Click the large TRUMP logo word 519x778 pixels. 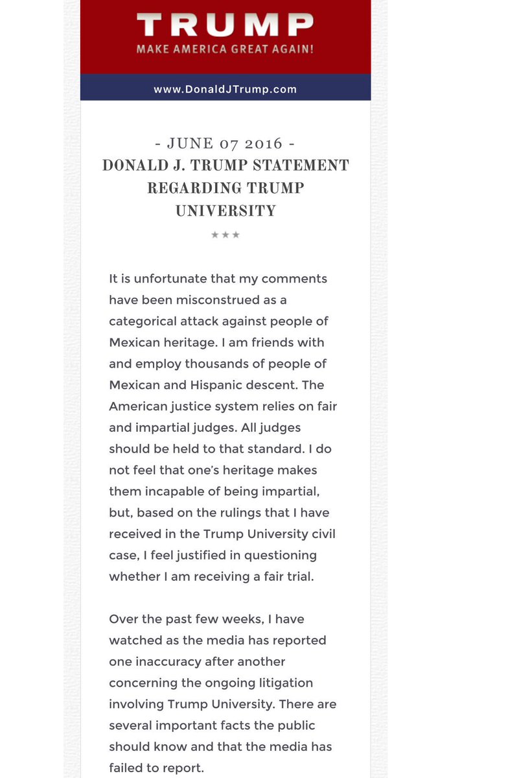tap(225, 25)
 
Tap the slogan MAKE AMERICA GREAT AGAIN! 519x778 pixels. tap(225, 49)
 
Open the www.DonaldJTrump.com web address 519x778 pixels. tap(225, 89)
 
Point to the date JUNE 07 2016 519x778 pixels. tap(225, 143)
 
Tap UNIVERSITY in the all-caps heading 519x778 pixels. tap(225, 211)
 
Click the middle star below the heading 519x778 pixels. tap(225, 235)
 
